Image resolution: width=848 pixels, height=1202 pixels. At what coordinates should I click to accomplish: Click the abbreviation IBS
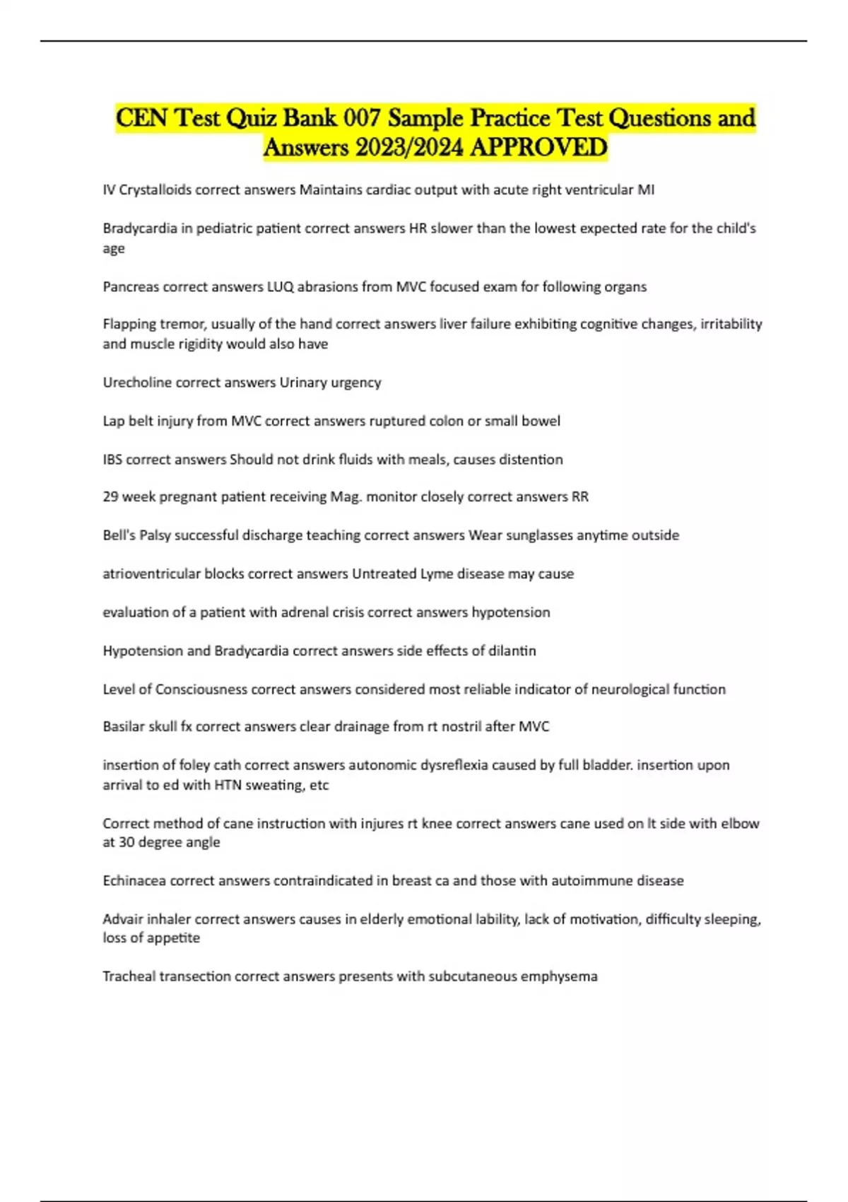coord(112,460)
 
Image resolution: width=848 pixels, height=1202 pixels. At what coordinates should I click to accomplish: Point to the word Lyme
coord(437,573)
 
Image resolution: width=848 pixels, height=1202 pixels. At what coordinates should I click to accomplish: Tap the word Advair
coord(122,919)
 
